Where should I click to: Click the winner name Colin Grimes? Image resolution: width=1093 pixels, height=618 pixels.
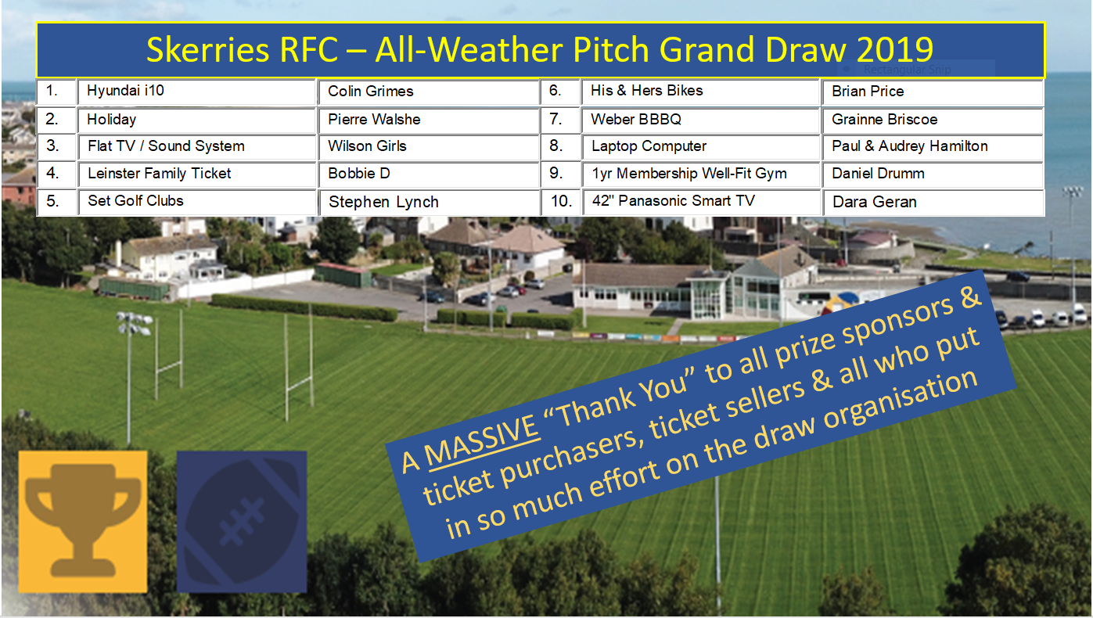(371, 92)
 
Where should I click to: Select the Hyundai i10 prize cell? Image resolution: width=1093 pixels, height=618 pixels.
(126, 91)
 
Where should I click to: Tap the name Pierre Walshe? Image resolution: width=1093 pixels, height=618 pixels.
(374, 120)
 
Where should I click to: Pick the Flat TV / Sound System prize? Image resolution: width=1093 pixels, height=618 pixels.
(166, 146)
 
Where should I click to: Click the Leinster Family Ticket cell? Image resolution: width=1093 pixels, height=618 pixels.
(160, 174)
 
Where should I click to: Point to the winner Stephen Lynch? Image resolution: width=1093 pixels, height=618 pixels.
(383, 202)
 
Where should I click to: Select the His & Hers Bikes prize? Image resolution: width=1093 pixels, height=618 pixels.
(647, 91)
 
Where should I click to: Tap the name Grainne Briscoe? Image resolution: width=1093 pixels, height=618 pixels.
(885, 120)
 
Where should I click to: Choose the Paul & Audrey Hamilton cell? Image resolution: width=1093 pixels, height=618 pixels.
(910, 146)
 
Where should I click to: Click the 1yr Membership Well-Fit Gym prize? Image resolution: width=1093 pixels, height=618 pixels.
(689, 174)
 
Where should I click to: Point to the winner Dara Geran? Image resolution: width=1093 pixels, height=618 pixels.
(875, 202)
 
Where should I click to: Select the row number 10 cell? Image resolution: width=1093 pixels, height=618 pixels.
(561, 201)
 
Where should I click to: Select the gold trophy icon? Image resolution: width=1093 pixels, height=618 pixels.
(83, 520)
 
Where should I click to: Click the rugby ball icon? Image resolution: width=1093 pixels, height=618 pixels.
(242, 522)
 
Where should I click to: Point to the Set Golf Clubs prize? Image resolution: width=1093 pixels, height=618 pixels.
(135, 201)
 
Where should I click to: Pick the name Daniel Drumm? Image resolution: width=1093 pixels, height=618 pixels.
(878, 174)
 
